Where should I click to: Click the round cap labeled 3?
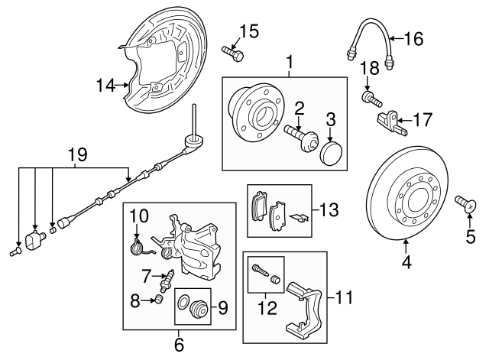(x=332, y=151)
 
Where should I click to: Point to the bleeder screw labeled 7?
(x=166, y=276)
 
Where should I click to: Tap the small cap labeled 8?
(x=160, y=298)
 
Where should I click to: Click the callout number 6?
(x=179, y=345)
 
